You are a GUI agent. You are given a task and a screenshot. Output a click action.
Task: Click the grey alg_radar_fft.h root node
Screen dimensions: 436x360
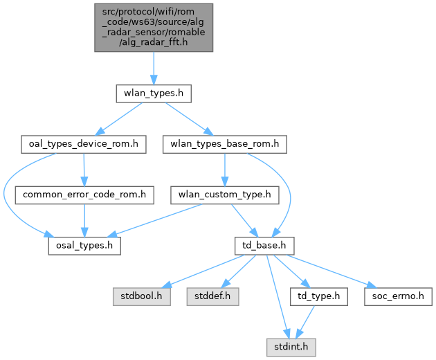pos(154,28)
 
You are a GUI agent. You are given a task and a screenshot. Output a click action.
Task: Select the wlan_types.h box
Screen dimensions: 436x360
pos(154,93)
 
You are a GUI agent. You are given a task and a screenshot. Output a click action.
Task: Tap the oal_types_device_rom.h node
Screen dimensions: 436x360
pos(84,144)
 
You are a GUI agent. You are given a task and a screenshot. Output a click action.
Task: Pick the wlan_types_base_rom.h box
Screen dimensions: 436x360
pos(225,144)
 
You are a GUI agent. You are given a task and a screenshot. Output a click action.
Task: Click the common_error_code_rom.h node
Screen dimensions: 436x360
pos(84,195)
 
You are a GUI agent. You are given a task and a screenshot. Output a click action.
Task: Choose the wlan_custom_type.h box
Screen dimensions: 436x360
pos(225,195)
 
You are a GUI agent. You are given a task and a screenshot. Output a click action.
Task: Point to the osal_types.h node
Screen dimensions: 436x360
pos(84,246)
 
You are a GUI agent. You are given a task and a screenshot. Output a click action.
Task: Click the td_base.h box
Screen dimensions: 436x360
pos(264,246)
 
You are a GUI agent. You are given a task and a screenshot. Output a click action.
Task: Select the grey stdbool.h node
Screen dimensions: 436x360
pos(142,296)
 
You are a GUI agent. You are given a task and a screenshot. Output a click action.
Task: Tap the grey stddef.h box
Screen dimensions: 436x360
pos(212,296)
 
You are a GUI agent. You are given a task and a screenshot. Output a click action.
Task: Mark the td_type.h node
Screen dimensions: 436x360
pos(318,296)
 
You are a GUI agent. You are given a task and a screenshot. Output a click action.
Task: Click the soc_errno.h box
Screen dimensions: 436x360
pos(398,296)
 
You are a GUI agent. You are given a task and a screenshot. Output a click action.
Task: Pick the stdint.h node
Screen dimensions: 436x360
pos(291,348)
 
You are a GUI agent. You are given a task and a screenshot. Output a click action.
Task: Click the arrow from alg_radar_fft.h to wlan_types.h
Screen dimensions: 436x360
pos(154,68)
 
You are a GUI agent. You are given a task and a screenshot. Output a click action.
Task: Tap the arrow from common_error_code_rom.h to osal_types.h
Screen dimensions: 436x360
pos(84,220)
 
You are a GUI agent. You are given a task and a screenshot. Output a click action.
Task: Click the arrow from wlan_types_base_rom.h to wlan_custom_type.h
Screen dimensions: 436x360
pos(225,170)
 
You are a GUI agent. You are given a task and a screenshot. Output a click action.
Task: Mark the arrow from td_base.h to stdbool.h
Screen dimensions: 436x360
pos(202,271)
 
